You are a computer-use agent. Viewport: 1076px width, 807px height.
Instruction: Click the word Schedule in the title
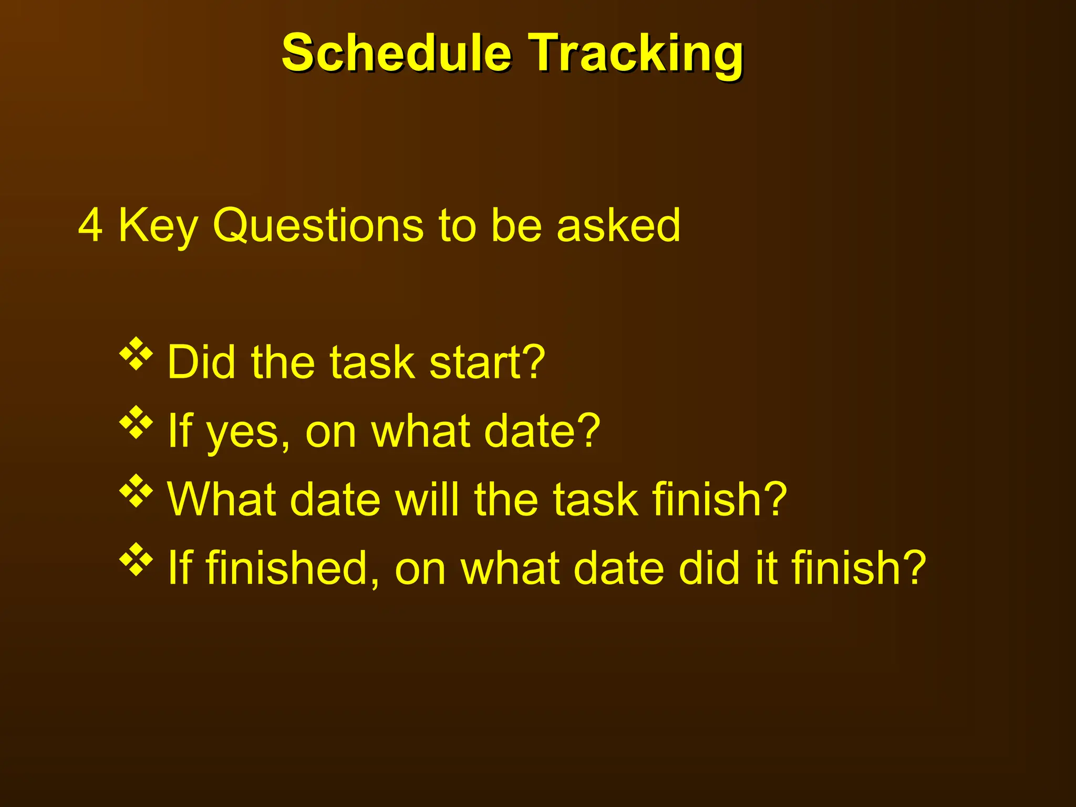[x=397, y=53]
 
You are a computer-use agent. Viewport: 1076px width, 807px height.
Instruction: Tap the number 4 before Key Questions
[x=90, y=225]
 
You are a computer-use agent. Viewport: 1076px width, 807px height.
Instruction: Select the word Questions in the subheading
[x=317, y=225]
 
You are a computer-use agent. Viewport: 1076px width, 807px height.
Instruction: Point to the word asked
[x=618, y=225]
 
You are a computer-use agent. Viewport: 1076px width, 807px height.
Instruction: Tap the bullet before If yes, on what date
[x=136, y=422]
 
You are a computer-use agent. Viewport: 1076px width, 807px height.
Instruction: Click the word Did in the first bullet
[x=201, y=362]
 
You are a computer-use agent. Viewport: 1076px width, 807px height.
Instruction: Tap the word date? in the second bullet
[x=542, y=431]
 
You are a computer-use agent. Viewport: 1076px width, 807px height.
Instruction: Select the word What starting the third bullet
[x=221, y=499]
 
